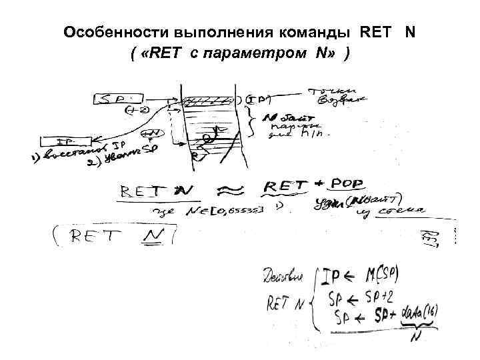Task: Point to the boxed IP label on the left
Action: click(65, 141)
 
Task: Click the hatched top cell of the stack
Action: click(209, 101)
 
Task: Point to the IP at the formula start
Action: click(331, 275)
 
